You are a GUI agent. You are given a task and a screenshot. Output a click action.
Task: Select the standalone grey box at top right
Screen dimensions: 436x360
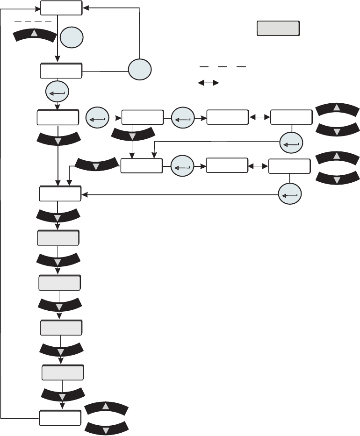278,29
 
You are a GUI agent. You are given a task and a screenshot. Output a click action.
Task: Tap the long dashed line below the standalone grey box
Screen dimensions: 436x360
223,67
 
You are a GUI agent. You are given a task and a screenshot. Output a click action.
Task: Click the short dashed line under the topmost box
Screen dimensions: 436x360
33,21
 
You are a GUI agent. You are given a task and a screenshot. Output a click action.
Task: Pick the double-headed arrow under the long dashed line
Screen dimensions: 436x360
209,83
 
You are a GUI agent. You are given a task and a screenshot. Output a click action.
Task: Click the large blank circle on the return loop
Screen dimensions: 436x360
140,70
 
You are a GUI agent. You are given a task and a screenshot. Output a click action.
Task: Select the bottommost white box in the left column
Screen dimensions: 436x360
59,417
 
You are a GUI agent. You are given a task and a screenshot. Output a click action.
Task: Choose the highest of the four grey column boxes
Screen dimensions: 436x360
58,238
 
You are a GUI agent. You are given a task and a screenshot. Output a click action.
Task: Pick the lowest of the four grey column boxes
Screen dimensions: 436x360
63,373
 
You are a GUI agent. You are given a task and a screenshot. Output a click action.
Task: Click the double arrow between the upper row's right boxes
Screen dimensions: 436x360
259,117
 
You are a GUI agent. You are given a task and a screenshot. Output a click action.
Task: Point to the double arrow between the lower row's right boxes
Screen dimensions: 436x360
258,166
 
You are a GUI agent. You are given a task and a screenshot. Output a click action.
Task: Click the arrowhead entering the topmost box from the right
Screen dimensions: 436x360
86,8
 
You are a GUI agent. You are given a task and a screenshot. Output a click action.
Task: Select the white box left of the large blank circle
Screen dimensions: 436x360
61,71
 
